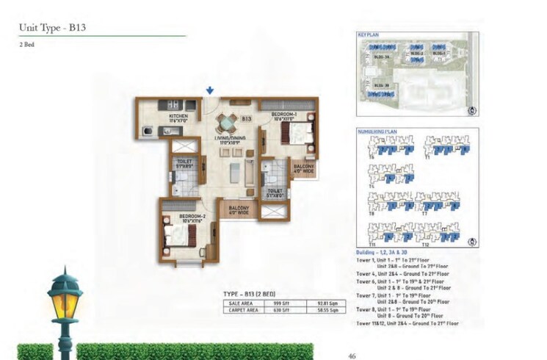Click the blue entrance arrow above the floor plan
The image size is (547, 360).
tap(210, 90)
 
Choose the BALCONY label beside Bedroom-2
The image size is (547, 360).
tap(237, 209)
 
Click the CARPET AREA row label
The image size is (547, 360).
tap(244, 310)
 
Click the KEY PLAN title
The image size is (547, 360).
tap(366, 35)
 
